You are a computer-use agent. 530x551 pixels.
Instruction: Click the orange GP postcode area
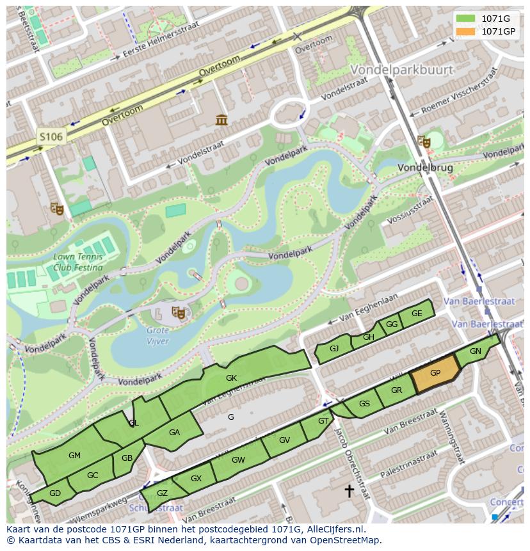pos(435,374)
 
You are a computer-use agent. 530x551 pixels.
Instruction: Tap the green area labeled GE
pos(417,314)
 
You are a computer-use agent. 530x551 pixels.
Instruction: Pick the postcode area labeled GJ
pos(334,349)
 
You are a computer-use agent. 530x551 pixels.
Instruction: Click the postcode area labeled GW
pos(238,461)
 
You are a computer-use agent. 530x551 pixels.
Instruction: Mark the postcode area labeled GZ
pos(162,493)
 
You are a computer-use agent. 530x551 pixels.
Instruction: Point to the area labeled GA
pos(174,433)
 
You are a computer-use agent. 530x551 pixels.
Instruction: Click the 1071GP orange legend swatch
pos(465,31)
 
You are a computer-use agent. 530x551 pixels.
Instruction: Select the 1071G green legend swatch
pos(465,19)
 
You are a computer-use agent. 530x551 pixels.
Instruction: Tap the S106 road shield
pos(51,136)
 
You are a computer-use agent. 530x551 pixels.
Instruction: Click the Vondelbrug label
pos(425,168)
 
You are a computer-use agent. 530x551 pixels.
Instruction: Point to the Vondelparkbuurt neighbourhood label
pos(401,69)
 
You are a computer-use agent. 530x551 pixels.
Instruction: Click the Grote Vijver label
pos(157,336)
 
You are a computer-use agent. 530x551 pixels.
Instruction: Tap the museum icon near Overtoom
pos(222,120)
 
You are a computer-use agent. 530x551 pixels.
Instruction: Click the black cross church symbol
pos(349,491)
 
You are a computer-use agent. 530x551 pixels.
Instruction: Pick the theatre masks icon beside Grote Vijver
pos(179,313)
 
